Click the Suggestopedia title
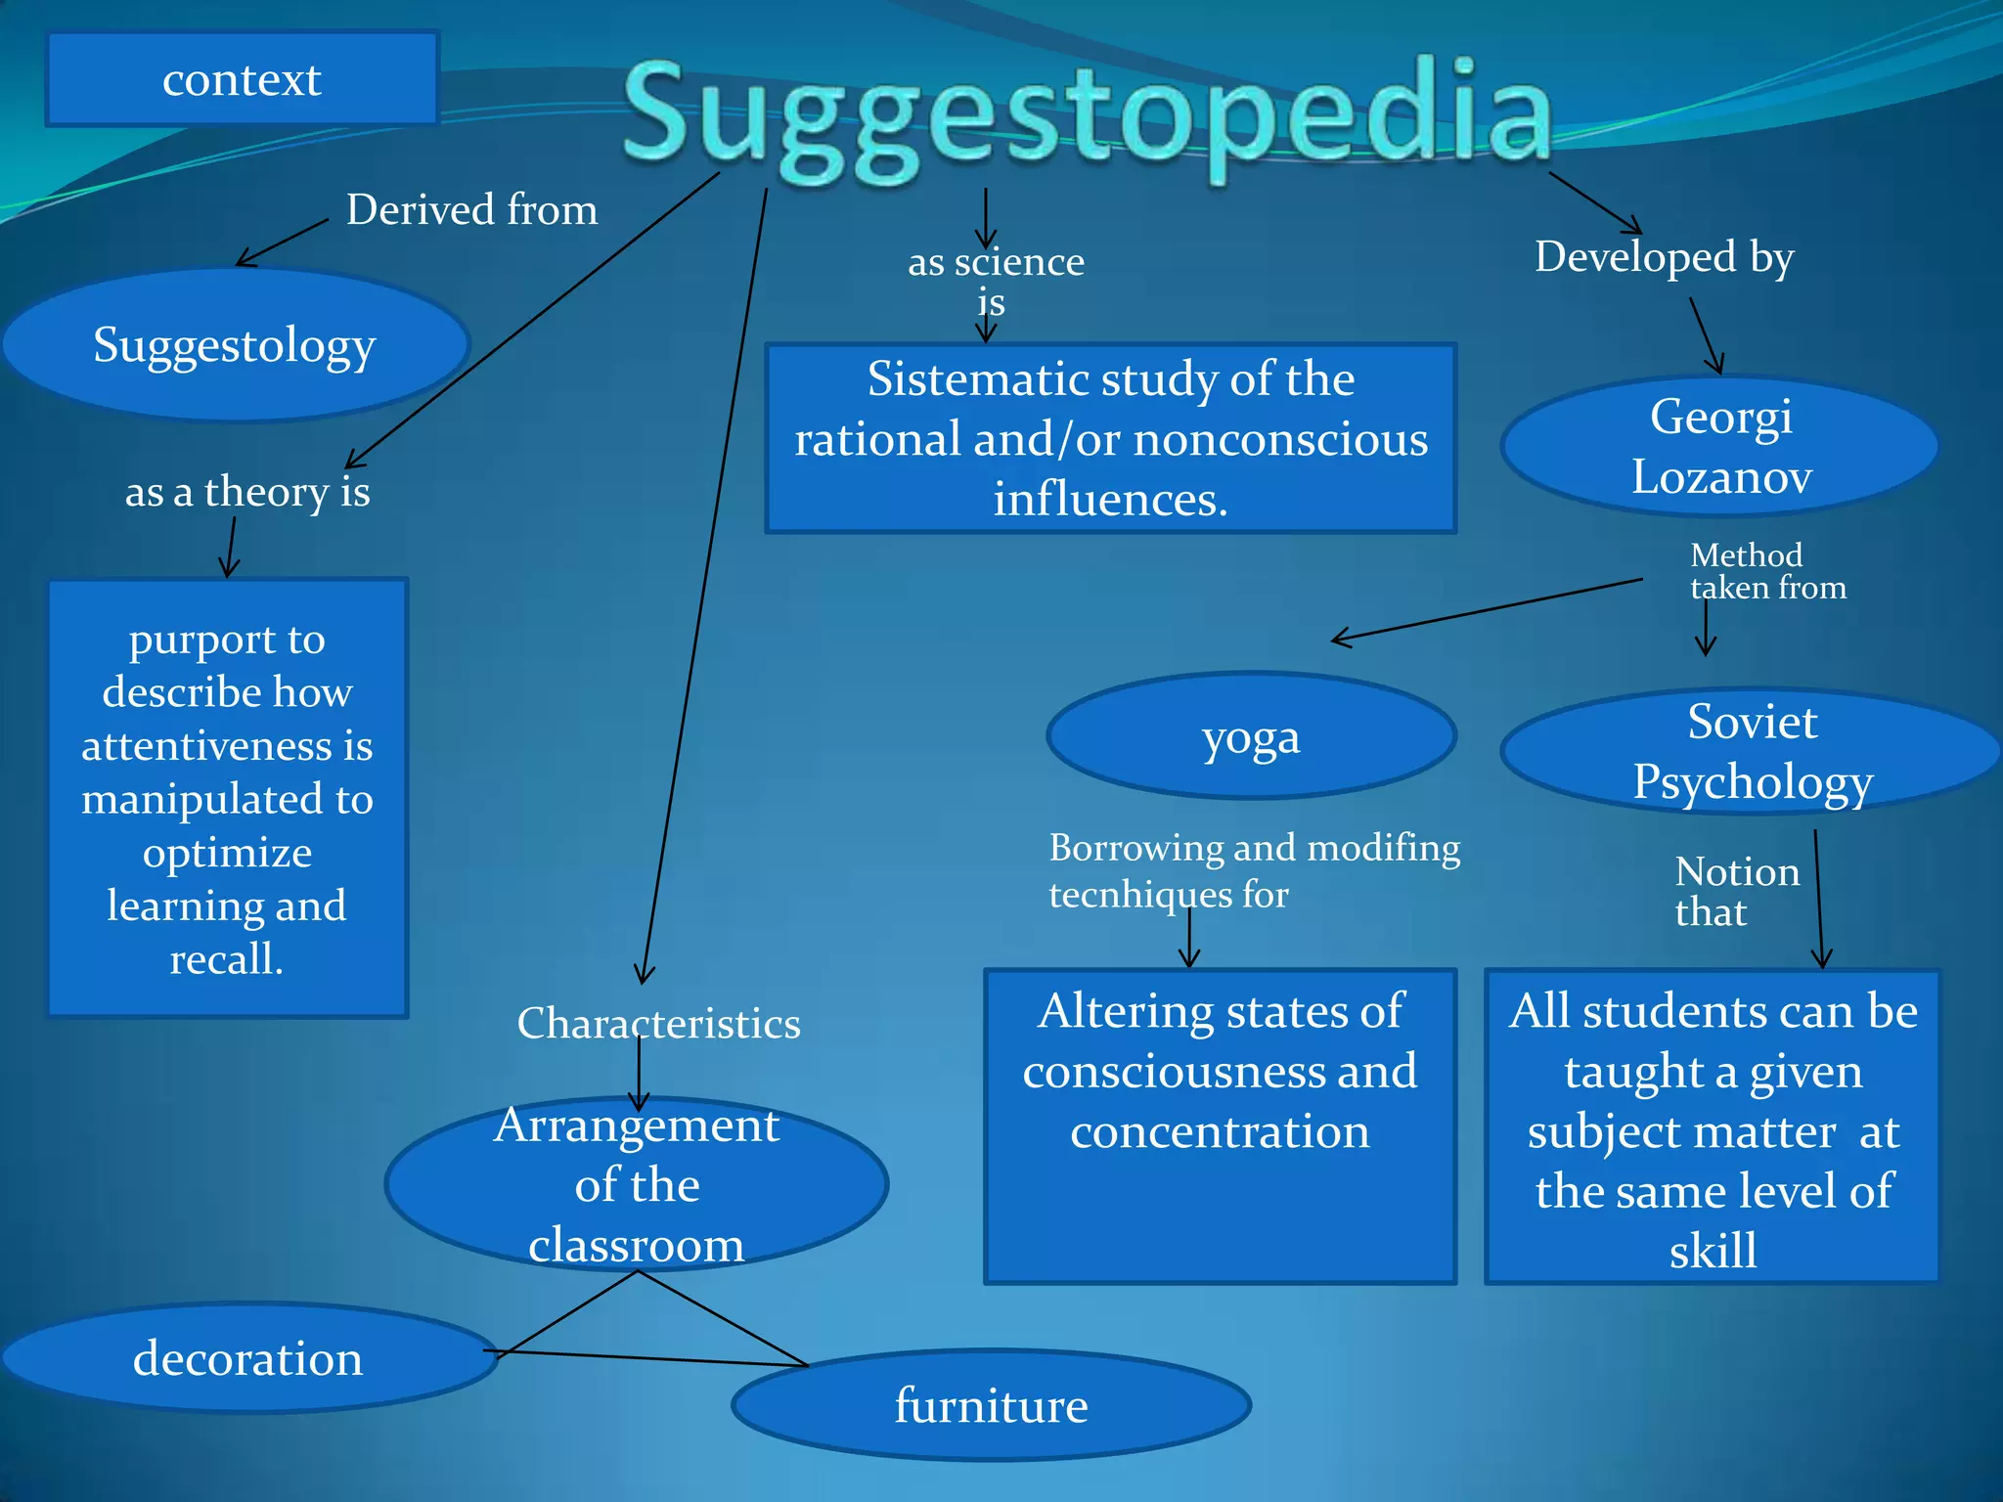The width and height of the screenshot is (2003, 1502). coord(1088,115)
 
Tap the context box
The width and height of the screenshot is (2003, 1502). coord(242,79)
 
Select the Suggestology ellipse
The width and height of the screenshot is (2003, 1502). coord(235,345)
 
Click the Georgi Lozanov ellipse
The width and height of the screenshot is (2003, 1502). coord(1720,446)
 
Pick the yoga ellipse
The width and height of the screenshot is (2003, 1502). coord(1251,736)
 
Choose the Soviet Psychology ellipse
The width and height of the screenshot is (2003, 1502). coord(1751,751)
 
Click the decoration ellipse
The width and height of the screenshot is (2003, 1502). coord(248,1358)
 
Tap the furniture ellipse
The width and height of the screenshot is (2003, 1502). coord(991,1405)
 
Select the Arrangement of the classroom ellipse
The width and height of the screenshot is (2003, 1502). coord(637,1184)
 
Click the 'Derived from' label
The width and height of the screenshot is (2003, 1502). coord(471,209)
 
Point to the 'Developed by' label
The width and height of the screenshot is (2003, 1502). coord(1664,257)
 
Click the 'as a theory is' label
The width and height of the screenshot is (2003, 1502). coord(247,491)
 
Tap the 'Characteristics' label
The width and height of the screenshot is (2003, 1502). coord(658,1023)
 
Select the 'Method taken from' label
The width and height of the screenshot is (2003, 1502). coord(1767,571)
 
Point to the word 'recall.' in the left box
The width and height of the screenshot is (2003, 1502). coord(227,959)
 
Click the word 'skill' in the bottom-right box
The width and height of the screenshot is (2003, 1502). coord(1713,1251)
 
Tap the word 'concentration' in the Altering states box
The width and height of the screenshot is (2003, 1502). coord(1220,1131)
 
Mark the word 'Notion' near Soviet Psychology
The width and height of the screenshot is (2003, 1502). coord(1737,871)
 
